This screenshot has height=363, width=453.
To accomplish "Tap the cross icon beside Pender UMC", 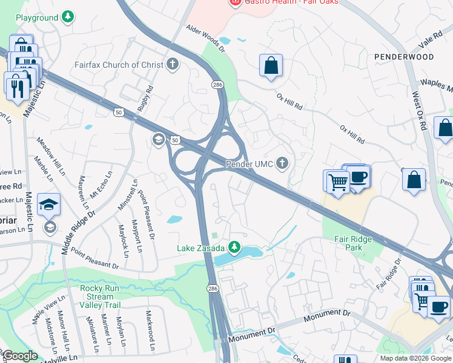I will [x=282, y=163].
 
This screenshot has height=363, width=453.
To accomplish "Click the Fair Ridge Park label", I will [x=353, y=243].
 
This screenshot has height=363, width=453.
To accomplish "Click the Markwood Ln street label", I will [x=150, y=331].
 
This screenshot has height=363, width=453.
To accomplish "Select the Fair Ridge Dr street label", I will [x=389, y=274].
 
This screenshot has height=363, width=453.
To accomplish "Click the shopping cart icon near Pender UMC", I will [x=338, y=180].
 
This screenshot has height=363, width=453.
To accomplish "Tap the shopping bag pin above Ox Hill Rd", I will [x=271, y=65].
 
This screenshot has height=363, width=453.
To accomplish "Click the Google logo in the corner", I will [x=19, y=356].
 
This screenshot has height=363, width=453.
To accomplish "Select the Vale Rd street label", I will [x=431, y=42].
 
